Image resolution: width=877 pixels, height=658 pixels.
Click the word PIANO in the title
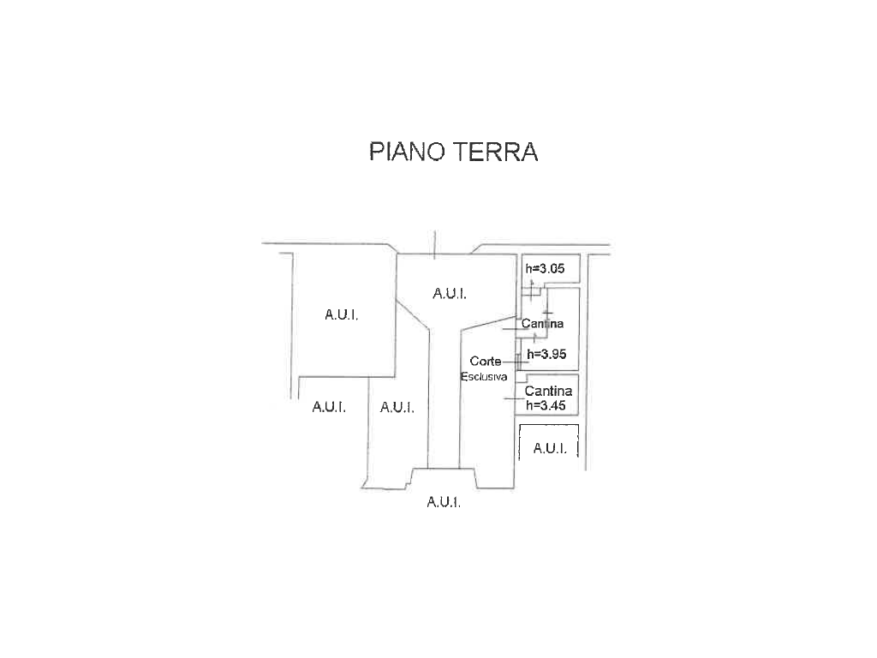[x=407, y=152]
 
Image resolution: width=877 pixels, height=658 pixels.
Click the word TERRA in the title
[x=495, y=152]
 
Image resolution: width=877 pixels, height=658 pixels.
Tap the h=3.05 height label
[x=545, y=268]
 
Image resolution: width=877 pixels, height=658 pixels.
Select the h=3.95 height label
[x=546, y=354]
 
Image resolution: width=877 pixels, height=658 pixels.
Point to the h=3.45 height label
[x=546, y=405]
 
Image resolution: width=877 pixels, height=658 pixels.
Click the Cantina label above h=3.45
[x=548, y=391]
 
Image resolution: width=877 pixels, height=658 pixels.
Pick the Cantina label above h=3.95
[x=542, y=323]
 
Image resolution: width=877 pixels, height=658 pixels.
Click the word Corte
[x=486, y=362]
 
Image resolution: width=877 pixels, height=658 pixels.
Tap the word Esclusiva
[x=484, y=377]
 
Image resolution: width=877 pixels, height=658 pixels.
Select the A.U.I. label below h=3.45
[x=550, y=448]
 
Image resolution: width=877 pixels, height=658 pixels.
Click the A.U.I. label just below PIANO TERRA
[x=450, y=293]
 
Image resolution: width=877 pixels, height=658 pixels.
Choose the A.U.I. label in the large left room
[x=341, y=314]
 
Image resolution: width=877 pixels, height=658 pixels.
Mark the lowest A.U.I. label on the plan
[x=444, y=502]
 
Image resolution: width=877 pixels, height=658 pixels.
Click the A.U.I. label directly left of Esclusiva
[x=397, y=407]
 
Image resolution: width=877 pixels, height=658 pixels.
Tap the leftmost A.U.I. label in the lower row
[x=329, y=406]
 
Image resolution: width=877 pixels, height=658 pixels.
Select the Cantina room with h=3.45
[x=546, y=394]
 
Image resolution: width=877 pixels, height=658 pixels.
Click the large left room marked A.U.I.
[x=345, y=315]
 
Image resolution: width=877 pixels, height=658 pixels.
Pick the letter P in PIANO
[x=376, y=152]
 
